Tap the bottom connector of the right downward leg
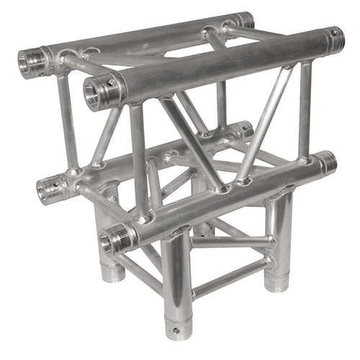(x=276, y=277)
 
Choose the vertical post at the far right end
(x=305, y=108)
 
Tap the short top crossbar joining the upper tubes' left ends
(x=72, y=65)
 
